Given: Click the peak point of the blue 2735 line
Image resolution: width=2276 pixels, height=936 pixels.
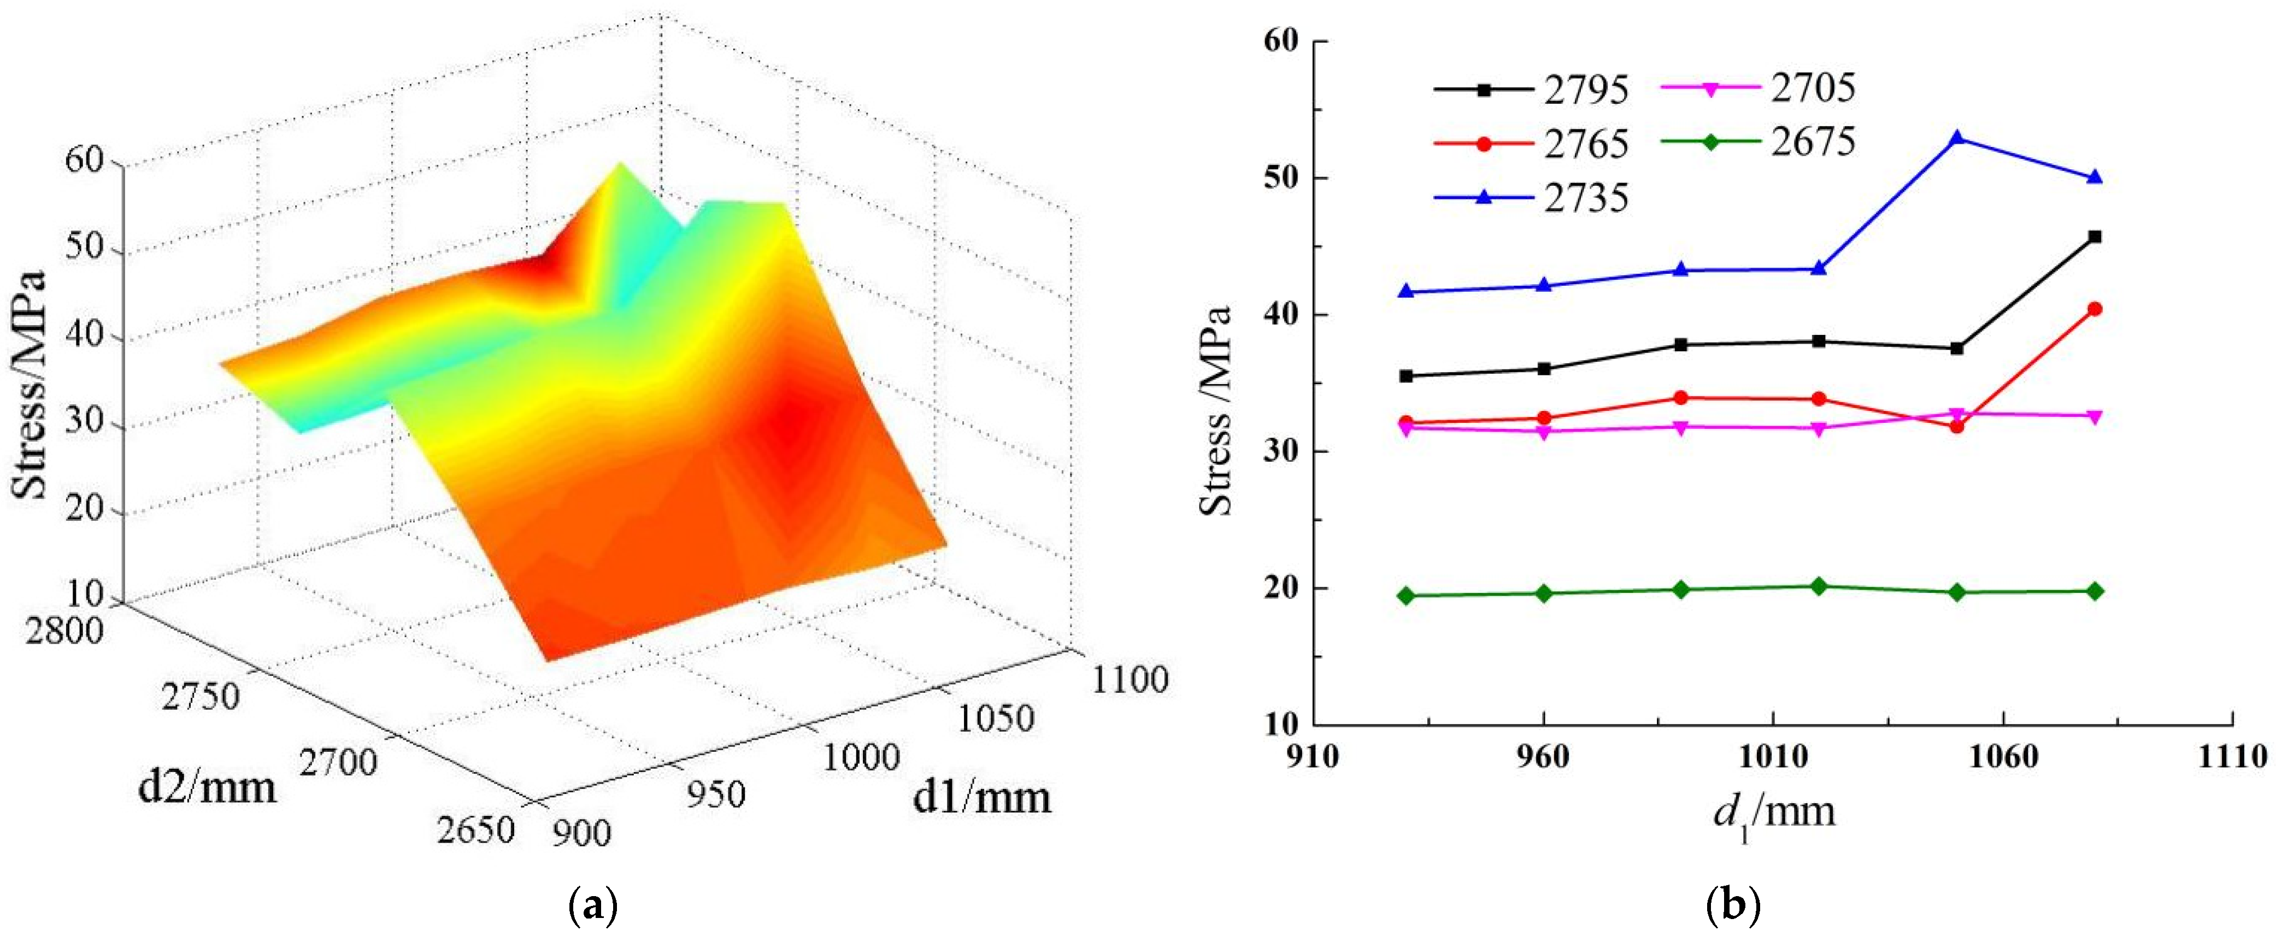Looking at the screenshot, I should click(1956, 138).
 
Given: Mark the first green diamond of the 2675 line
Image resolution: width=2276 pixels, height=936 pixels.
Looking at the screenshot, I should click(1405, 596).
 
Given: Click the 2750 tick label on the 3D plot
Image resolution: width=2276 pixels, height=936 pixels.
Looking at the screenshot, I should click(201, 697).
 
